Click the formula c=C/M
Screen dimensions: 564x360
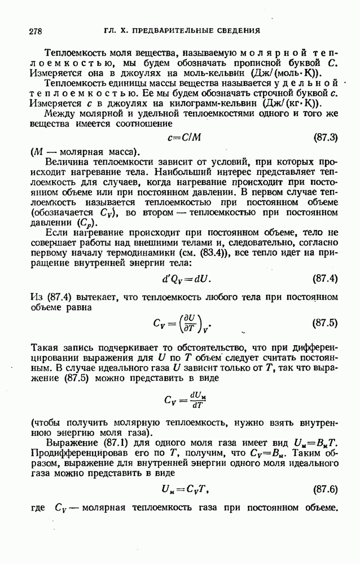pos(180,138)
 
